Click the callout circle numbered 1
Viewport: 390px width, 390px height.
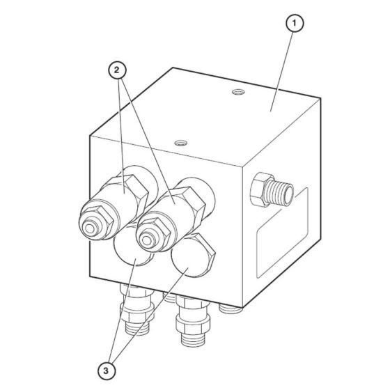[296, 25]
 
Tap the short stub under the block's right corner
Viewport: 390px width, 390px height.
[226, 306]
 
